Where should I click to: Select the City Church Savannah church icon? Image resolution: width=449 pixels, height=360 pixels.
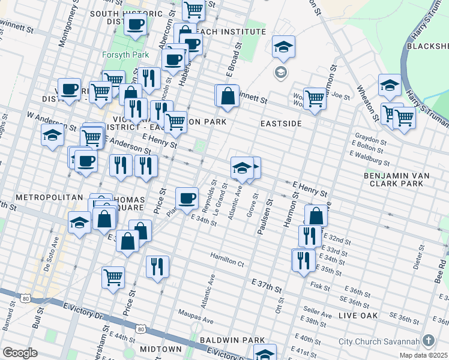coord(428,340)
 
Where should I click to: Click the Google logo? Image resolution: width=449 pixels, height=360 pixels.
coord(20,353)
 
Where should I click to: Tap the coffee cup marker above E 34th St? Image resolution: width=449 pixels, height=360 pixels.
coord(187,198)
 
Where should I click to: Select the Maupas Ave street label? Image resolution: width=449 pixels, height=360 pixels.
coord(196,313)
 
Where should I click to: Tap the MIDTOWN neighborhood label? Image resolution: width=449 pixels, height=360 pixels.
coord(160,349)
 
